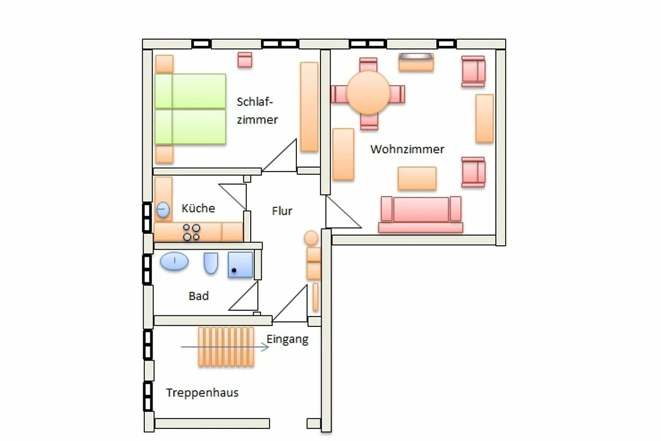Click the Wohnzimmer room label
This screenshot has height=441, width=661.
pos(407,149)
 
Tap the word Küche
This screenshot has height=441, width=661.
pos(198,208)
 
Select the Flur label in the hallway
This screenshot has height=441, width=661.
pos(282,211)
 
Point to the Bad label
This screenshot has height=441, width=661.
pos(199,295)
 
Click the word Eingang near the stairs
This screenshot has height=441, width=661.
pos(288,340)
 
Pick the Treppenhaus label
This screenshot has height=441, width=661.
pos(202,392)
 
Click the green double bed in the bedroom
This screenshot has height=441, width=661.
pos(191,109)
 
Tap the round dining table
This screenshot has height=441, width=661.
pos(369,93)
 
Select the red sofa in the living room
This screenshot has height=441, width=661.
pos(421,214)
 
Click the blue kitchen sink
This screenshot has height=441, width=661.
pos(163,209)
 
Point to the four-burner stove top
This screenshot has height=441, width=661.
pos(192,232)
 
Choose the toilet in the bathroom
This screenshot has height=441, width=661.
pos(210,263)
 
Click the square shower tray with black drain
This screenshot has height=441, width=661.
pos(241,265)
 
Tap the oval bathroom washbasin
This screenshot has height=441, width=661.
pos(174,261)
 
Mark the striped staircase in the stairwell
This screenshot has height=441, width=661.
pos(226,347)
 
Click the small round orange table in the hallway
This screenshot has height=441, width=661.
pos(311,238)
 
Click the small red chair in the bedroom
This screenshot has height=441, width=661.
pos(245,60)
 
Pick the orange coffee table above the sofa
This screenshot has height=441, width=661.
pos(417,178)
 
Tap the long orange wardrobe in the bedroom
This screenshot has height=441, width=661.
pos(309,106)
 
